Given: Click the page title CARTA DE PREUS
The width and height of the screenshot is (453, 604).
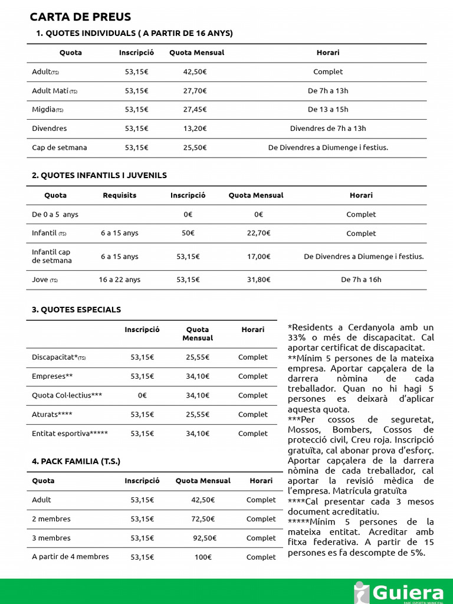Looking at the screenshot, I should [80, 17].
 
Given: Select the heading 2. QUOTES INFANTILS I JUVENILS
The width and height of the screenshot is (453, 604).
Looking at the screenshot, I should [99, 175].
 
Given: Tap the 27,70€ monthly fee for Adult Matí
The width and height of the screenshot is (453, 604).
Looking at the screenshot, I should [195, 91].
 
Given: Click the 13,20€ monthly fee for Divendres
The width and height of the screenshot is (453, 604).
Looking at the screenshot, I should [195, 129].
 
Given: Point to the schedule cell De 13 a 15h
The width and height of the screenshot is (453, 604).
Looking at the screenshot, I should [328, 110].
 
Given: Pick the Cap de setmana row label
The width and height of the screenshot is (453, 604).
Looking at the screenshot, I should [59, 147].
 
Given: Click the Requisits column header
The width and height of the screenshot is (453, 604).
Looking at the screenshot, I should [119, 195].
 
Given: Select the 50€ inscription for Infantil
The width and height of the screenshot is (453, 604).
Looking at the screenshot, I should [188, 233].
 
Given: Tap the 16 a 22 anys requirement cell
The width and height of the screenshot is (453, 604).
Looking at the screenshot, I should [119, 280].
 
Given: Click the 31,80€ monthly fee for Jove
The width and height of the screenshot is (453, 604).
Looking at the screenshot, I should [258, 280].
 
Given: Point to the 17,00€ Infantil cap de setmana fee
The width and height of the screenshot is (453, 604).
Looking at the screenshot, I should [258, 257].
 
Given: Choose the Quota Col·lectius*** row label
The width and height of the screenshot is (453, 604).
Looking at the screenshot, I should [67, 395].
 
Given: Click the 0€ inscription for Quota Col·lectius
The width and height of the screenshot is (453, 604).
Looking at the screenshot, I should [142, 395].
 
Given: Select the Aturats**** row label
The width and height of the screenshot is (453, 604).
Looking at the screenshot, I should [52, 415].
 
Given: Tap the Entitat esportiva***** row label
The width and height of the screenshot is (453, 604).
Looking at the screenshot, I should [70, 434].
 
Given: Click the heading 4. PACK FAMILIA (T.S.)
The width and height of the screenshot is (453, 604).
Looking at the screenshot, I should [76, 461].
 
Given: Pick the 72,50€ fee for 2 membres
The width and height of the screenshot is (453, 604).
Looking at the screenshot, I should [203, 519].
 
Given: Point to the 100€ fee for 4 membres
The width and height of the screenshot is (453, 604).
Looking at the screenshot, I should [203, 557].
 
